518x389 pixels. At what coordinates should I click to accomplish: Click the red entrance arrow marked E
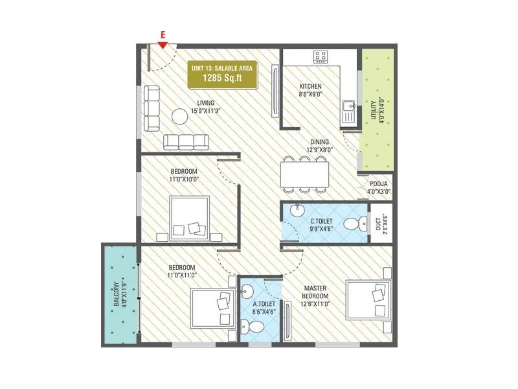pyautogui.click(x=163, y=44)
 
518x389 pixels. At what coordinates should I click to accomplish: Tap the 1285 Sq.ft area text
pyautogui.click(x=221, y=78)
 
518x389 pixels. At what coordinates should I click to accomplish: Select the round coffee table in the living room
pyautogui.click(x=179, y=116)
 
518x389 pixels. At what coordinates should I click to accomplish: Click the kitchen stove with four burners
pyautogui.click(x=321, y=56)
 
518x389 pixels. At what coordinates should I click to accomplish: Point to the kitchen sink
pyautogui.click(x=348, y=110)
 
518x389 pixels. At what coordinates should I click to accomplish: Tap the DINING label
pyautogui.click(x=319, y=141)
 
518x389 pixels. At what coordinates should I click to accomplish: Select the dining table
pyautogui.click(x=304, y=173)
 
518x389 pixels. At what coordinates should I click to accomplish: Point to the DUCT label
pyautogui.click(x=379, y=224)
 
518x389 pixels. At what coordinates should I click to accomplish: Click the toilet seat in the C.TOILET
pyautogui.click(x=352, y=224)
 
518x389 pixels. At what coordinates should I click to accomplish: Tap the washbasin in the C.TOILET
pyautogui.click(x=297, y=210)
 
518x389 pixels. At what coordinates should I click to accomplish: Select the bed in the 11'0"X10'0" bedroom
pyautogui.click(x=190, y=219)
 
